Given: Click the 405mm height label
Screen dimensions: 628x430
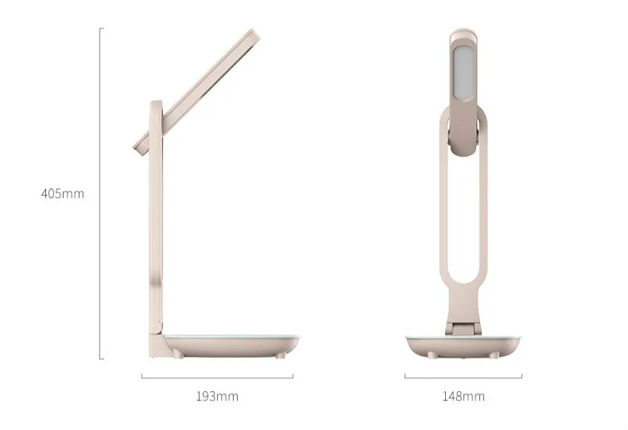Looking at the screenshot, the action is (63, 194).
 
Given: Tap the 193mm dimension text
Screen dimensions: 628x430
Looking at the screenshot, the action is (217, 397).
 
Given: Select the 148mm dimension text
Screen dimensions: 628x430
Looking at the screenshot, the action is (463, 397).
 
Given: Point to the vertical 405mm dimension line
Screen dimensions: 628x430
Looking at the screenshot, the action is (100, 193).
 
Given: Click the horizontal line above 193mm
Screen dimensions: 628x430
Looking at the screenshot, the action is (218, 378).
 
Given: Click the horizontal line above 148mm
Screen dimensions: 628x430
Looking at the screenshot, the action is (463, 378).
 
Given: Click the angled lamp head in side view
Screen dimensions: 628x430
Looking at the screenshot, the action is (196, 92).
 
